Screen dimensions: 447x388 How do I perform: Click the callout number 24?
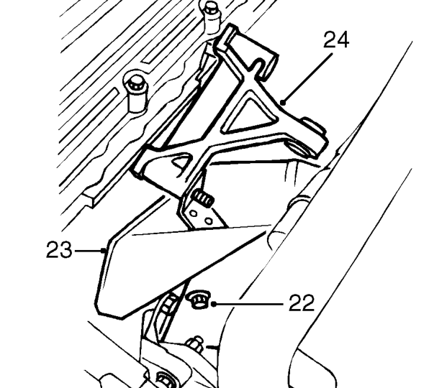pos(336,40)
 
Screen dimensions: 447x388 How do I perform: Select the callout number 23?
pos(59,249)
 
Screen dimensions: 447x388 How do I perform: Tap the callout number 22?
pos(302,303)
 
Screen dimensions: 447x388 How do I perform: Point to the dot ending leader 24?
pos(282,103)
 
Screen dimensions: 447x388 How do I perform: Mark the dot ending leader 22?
pos(214,305)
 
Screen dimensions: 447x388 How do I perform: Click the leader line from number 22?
pos(249,305)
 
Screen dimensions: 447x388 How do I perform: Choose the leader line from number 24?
pos(307,78)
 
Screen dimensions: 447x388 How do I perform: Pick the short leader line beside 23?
pos(89,251)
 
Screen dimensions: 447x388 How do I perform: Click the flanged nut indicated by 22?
pos(198,299)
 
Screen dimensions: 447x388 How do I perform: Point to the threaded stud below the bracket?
pos(203,198)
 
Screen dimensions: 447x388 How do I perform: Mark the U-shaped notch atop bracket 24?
pos(258,65)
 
